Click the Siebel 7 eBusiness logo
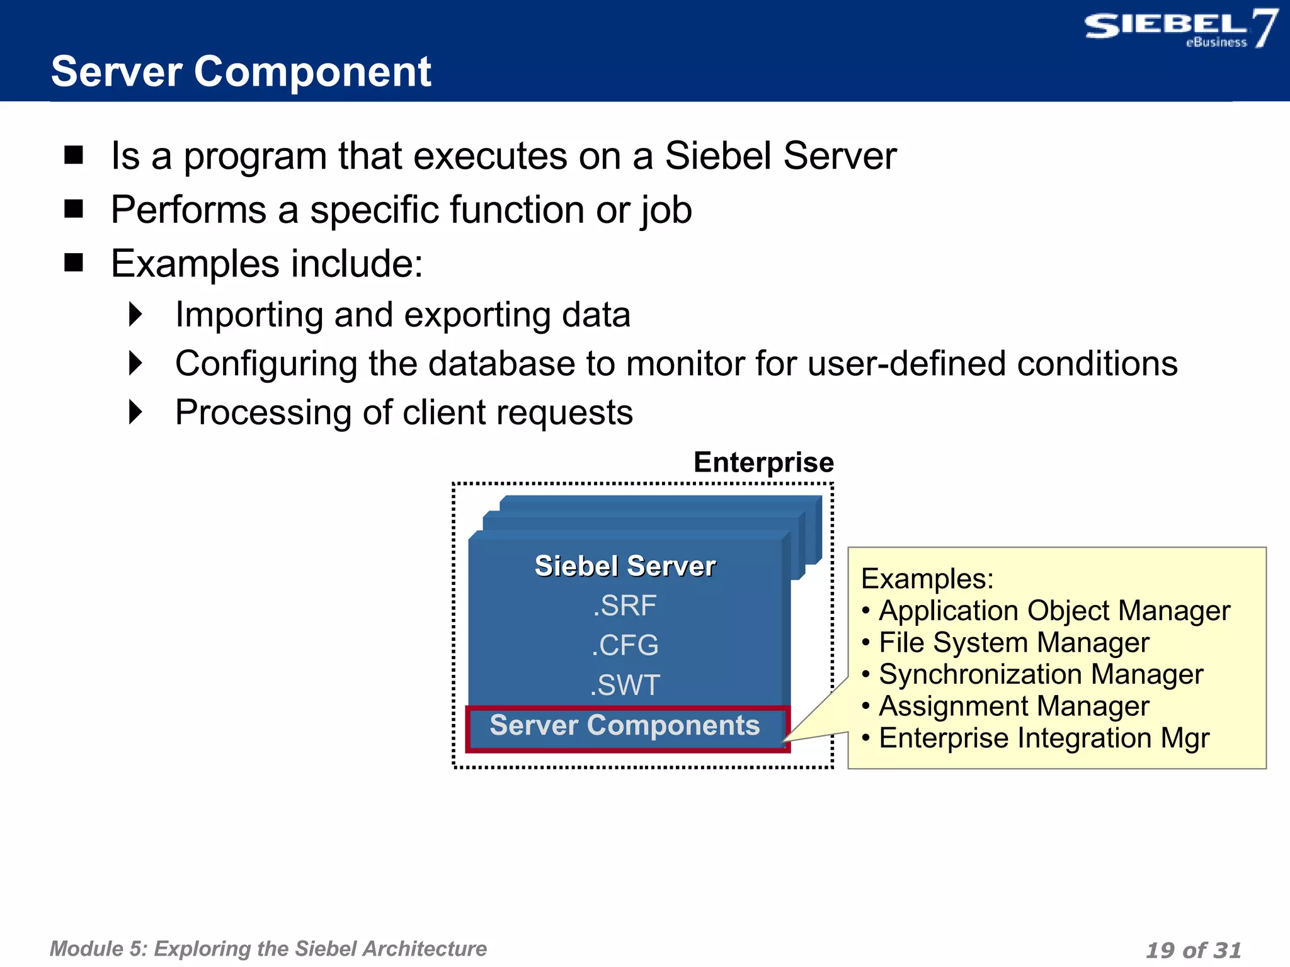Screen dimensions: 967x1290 tap(1180, 29)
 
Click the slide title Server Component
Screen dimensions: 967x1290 tap(241, 72)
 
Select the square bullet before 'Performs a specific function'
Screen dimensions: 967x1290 tap(74, 208)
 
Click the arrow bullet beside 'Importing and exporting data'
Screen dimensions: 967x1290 tap(135, 314)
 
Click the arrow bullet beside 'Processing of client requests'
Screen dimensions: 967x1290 tap(135, 412)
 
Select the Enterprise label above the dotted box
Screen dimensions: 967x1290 tap(763, 463)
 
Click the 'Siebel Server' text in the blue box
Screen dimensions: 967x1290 tap(625, 566)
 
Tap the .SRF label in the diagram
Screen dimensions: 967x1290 tap(625, 606)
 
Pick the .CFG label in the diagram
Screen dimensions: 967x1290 tap(625, 645)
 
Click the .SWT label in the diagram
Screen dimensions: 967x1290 tap(625, 685)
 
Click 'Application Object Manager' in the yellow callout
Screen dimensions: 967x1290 tap(1054, 611)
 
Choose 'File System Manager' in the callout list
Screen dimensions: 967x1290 tap(1013, 643)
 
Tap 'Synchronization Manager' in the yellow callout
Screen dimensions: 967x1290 tap(1041, 674)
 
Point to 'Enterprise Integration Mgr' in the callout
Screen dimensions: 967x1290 tap(1044, 738)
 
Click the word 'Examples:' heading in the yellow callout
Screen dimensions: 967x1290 tap(927, 579)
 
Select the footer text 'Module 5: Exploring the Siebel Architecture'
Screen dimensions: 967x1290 tap(268, 949)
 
